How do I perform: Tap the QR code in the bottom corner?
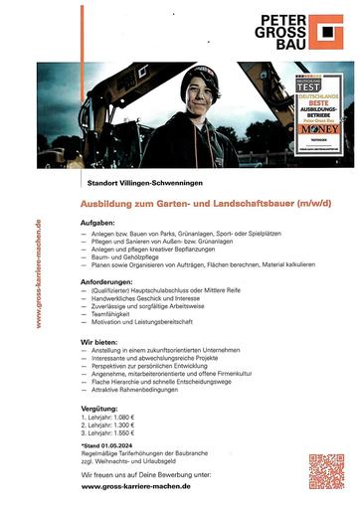coord(325,471)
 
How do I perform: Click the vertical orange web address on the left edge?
coord(37,272)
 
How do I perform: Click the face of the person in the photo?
coord(195,95)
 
